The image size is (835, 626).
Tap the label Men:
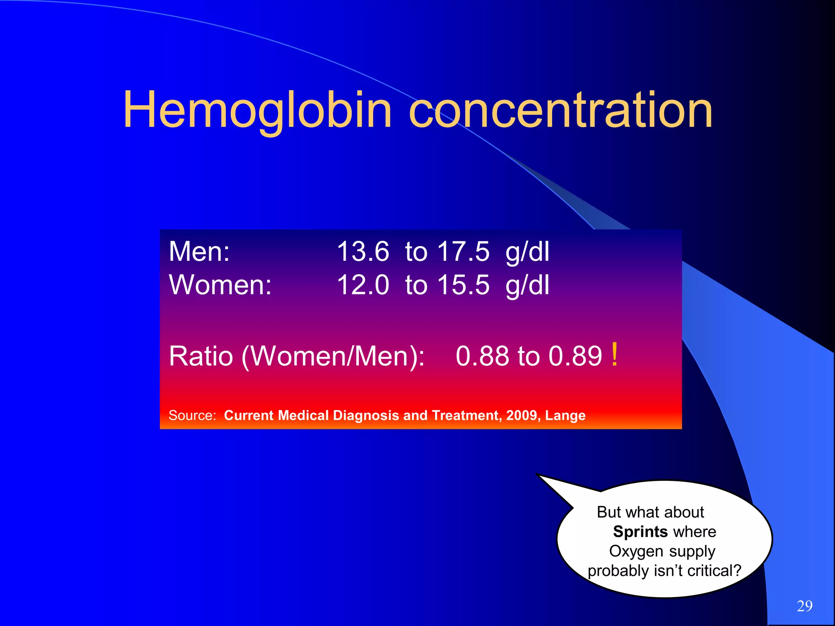click(x=199, y=251)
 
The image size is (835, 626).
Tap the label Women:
click(x=220, y=285)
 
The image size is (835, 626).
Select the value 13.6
click(x=363, y=251)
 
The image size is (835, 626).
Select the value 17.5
click(x=463, y=251)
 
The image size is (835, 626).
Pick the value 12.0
click(x=363, y=285)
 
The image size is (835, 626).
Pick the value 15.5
click(x=463, y=285)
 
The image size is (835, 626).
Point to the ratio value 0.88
click(x=482, y=356)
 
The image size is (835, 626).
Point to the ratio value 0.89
click(x=575, y=356)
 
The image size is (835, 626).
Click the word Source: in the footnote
click(x=192, y=415)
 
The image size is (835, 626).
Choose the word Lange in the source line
click(x=565, y=416)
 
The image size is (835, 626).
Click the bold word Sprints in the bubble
click(x=640, y=532)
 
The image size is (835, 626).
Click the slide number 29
click(x=804, y=606)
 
